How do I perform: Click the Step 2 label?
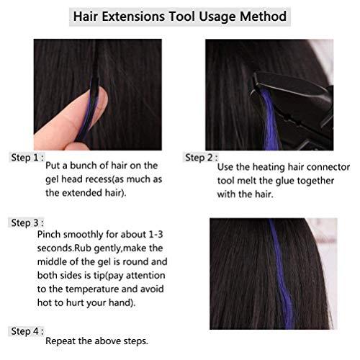201,157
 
